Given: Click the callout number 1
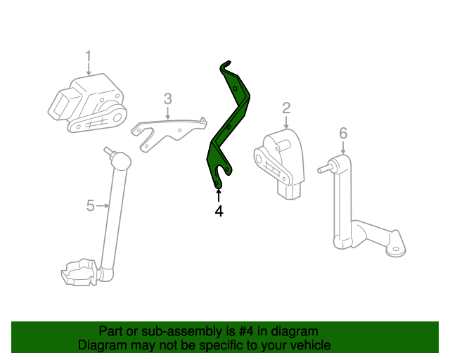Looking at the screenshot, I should click(x=89, y=56).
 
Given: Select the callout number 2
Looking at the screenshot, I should click(x=286, y=108).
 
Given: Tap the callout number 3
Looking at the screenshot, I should click(x=167, y=98).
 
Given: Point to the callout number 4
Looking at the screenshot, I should click(x=219, y=211).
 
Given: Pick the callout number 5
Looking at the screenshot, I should click(x=90, y=205).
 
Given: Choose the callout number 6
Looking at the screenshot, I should click(x=342, y=132).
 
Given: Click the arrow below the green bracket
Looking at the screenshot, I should click(x=219, y=195).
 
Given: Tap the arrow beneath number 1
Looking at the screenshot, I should click(x=89, y=69).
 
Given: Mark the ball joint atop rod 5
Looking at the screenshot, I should click(x=120, y=160).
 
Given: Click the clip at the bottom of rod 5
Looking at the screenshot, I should click(x=79, y=272).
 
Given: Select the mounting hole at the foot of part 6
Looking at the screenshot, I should click(x=397, y=247).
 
